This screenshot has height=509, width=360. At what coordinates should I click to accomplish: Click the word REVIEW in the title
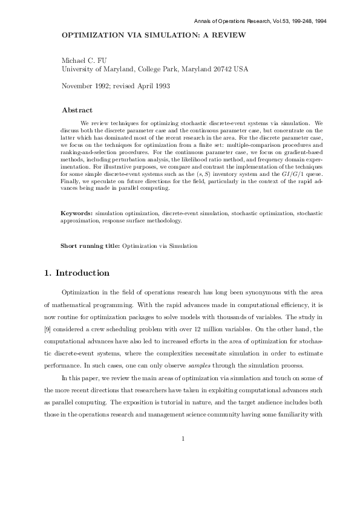[x=229, y=36]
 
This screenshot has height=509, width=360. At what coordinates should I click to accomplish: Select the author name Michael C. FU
[x=85, y=61]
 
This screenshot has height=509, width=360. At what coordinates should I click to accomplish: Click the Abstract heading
[x=77, y=111]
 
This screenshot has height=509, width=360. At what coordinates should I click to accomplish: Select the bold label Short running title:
[x=90, y=246]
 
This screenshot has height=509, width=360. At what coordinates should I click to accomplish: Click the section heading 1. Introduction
[x=77, y=273]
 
